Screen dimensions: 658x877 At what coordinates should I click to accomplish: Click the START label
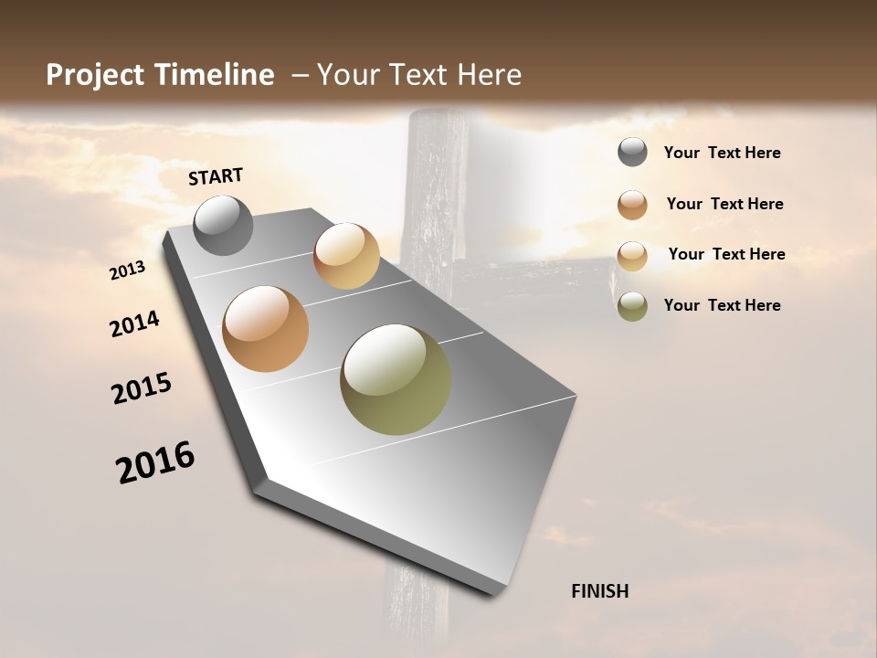coord(216,176)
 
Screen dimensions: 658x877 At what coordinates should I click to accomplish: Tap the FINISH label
coord(599,591)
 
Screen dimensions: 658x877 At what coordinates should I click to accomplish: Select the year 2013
coord(128,271)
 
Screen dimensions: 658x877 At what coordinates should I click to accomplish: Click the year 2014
coord(134,324)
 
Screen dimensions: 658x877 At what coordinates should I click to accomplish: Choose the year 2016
coord(155,462)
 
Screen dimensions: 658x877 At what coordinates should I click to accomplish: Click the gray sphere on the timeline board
coord(223,225)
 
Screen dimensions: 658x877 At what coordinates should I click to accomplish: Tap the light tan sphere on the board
coord(346,256)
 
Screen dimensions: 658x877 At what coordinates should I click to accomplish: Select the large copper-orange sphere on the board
coord(265,329)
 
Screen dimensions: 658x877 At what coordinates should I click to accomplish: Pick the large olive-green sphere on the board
coord(396,379)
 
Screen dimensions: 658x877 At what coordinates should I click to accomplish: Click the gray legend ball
coord(632,153)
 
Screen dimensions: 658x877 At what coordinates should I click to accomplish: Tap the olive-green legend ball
coord(632,305)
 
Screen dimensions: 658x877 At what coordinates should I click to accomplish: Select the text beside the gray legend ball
coord(722,154)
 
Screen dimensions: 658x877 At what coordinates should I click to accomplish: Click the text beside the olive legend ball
coord(722,305)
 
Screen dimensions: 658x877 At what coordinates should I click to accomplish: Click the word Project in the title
coord(96,75)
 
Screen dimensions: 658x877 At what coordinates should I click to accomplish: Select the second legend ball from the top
coord(632,204)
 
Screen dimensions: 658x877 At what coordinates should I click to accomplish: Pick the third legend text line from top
coord(726,254)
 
